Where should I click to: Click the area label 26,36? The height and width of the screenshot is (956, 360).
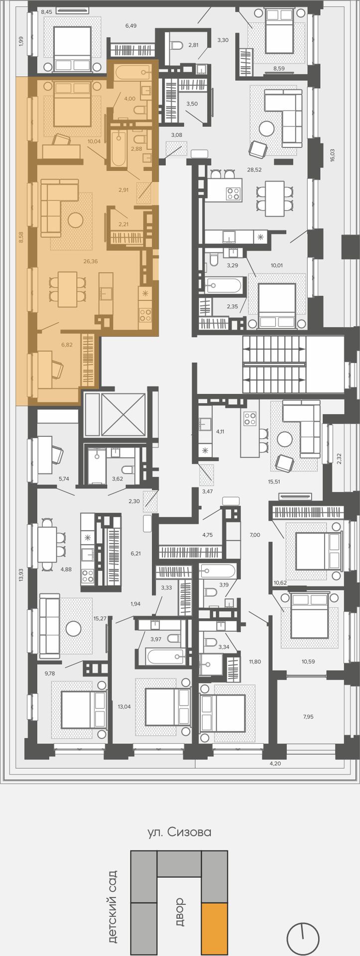point(90,260)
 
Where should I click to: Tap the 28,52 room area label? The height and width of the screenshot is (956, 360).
point(254,169)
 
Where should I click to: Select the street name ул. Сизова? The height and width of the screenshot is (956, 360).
point(180,832)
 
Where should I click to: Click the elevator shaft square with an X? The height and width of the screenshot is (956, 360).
point(123,414)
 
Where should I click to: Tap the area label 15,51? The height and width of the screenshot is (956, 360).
point(274,482)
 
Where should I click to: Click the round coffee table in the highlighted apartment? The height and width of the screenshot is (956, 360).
point(76,220)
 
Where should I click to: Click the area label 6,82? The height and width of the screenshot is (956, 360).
point(66,344)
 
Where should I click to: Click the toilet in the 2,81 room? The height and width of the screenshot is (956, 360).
point(176,46)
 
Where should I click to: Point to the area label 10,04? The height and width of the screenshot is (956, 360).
point(94,141)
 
